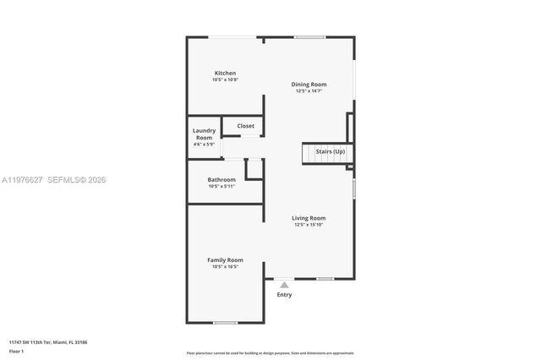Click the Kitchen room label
[225, 74]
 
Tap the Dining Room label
[309, 85]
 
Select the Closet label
[245, 126]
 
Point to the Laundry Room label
[205, 134]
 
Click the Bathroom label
[221, 179]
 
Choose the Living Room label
[309, 218]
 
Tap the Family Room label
[225, 259]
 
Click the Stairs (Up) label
[331, 151]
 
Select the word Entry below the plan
[284, 295]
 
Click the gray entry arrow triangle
[284, 286]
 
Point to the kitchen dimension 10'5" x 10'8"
[225, 80]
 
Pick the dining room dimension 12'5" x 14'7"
[309, 91]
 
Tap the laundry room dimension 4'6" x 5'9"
[205, 145]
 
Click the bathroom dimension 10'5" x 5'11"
[221, 186]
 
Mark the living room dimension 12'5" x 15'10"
[309, 225]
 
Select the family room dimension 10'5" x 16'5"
[225, 266]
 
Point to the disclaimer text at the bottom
[270, 353]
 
